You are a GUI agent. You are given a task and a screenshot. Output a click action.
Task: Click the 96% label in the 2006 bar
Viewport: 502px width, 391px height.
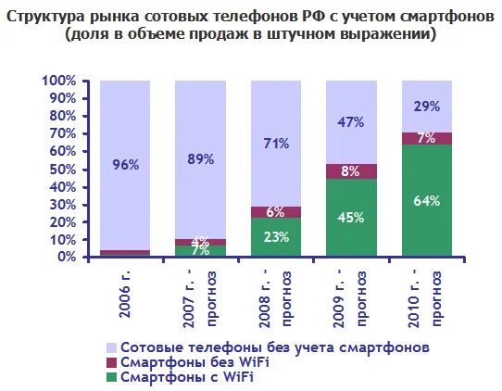(125, 165)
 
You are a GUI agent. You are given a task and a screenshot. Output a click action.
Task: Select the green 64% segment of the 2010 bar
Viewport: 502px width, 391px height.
(427, 200)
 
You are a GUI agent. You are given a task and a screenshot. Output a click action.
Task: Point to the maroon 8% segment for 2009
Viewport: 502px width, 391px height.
(351, 170)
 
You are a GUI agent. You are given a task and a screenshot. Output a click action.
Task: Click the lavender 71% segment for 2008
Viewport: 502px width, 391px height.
(276, 144)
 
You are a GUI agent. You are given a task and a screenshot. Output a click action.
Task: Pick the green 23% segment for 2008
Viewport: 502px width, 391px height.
(276, 236)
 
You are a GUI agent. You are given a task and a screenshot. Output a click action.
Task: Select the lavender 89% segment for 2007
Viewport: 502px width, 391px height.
(200, 159)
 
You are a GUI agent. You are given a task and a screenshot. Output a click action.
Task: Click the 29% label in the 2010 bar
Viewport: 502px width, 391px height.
(427, 107)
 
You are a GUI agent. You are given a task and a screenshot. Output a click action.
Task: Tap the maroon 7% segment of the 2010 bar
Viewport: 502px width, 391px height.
(427, 138)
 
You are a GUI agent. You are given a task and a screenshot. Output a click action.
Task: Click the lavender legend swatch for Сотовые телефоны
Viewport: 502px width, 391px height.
(113, 347)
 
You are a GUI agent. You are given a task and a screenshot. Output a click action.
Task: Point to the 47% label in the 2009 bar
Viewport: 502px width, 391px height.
(351, 122)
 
